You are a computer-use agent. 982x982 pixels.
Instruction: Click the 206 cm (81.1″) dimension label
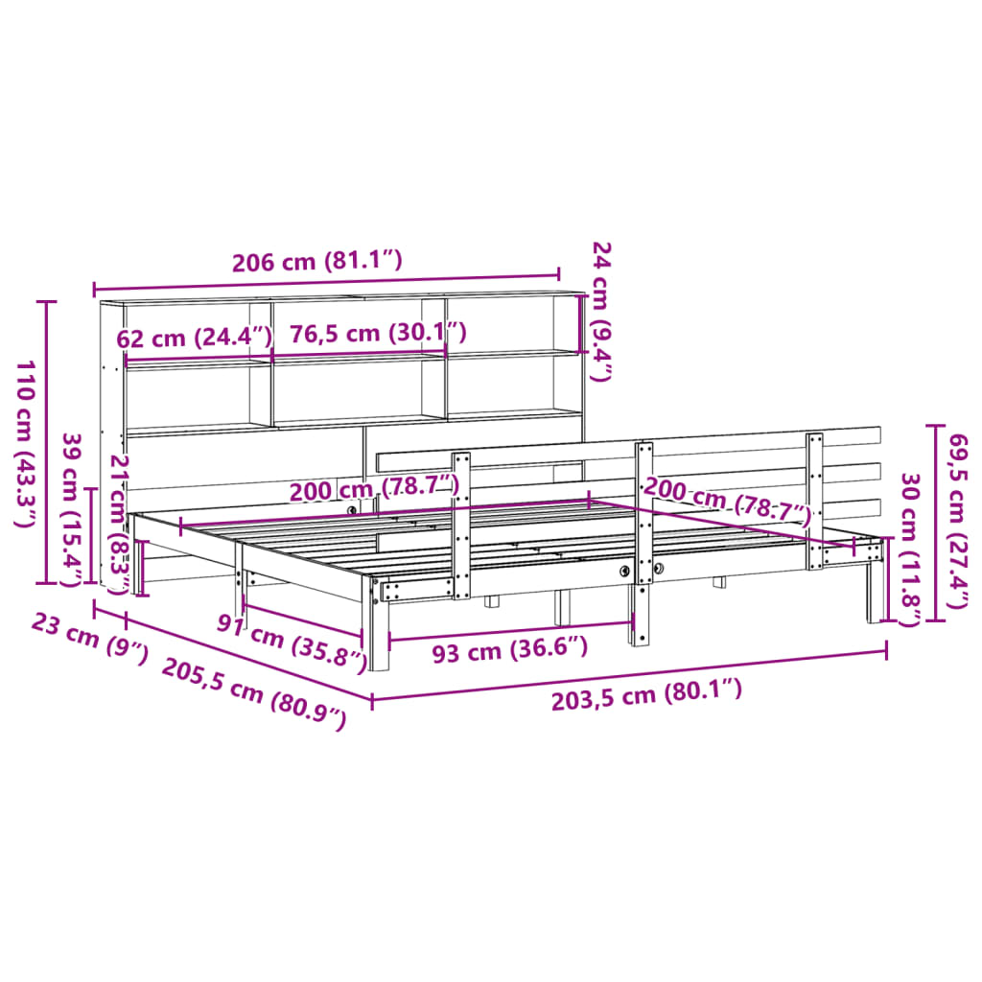316,261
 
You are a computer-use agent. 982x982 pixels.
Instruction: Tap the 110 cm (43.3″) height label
24,444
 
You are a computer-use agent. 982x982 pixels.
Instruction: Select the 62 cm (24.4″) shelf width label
195,339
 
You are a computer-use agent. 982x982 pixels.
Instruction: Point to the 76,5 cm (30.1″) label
378,333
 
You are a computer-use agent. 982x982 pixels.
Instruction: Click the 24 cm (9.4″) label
601,312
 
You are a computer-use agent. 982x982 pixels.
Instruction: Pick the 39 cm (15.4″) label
71,510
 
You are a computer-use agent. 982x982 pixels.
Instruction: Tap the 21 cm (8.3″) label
119,525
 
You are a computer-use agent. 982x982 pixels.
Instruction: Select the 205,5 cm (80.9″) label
253,694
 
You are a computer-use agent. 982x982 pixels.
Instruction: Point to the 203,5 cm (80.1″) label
646,696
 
